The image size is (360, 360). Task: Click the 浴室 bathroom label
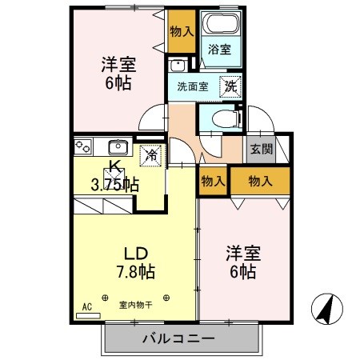click(219, 50)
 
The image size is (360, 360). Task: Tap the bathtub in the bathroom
click(220, 24)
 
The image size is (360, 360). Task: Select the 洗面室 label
click(193, 86)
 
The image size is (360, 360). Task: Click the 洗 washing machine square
click(230, 86)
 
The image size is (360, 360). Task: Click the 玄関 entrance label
click(259, 150)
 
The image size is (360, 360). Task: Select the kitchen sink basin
click(118, 146)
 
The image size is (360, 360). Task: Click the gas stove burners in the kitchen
click(84, 146)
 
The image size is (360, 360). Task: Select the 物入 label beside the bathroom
click(182, 32)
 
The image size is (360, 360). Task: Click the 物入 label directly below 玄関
click(260, 181)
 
